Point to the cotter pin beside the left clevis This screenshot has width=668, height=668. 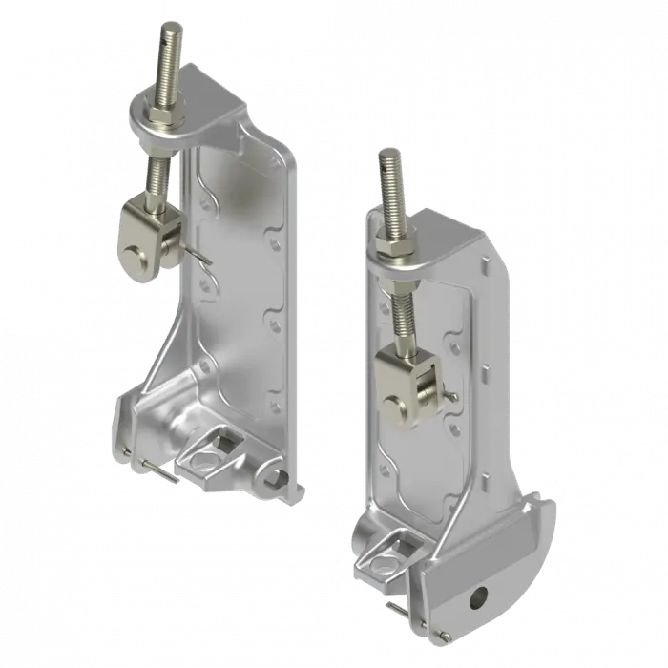[201, 257]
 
